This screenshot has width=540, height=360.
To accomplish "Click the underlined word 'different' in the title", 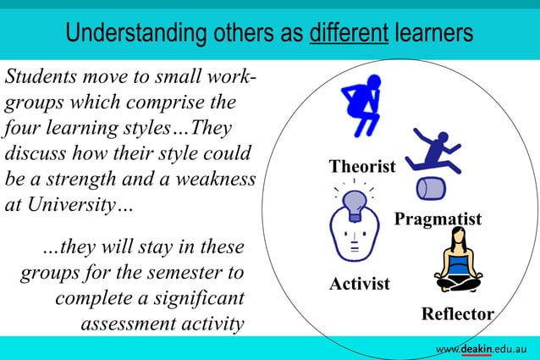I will [x=349, y=35].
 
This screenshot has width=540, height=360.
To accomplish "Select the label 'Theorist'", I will [x=362, y=167].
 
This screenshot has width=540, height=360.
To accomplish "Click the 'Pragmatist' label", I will [x=438, y=220].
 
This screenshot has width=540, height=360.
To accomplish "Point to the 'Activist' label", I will [x=359, y=284].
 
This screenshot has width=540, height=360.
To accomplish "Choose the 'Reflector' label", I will [x=457, y=314].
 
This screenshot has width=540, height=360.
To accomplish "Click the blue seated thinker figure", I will [x=362, y=102].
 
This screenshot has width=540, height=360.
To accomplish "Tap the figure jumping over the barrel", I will [x=433, y=152].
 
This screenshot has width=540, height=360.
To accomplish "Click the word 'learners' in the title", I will [x=433, y=35].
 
